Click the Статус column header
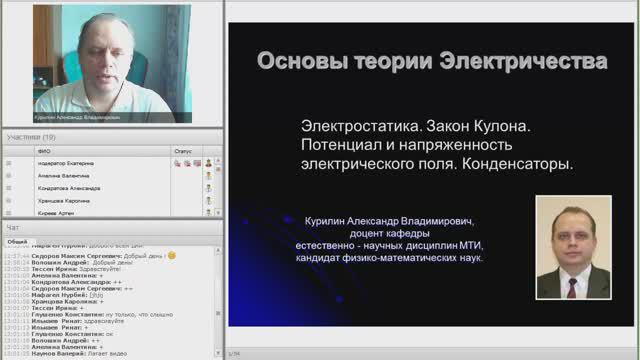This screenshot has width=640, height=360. (183, 151)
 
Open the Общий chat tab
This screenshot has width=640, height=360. (17, 241)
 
